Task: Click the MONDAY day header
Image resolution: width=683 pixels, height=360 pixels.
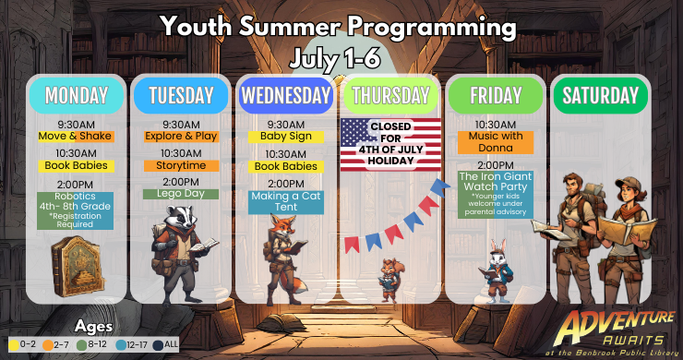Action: pos(76,95)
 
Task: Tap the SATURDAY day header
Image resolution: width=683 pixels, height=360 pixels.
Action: pos(601,95)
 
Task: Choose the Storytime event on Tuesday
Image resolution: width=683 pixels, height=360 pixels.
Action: pos(181,166)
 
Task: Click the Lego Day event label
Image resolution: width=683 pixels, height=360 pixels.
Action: pos(181,194)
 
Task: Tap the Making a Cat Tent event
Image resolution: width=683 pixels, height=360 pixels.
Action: pos(285,201)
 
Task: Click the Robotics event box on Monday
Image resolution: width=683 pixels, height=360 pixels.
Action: pos(76,210)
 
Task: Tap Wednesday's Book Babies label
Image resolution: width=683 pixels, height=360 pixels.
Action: pos(285,166)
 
